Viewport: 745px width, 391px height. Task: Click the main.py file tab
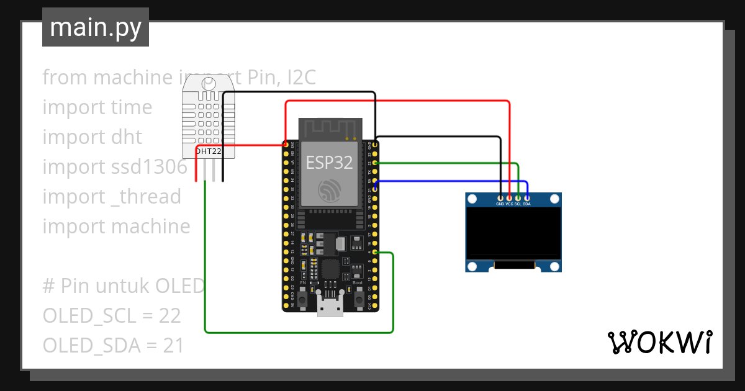coord(96,27)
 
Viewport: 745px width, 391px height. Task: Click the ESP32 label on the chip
coord(329,163)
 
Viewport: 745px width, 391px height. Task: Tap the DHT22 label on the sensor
coord(209,151)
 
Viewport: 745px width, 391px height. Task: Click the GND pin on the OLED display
coord(500,197)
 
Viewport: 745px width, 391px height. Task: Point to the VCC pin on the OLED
coord(509,197)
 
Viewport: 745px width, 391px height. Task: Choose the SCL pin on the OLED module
coord(518,197)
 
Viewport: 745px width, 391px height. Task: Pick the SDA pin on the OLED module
coord(526,197)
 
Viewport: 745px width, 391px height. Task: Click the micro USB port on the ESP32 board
coord(330,307)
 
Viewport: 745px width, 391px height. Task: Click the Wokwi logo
coord(659,342)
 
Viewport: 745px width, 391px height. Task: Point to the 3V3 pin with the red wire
coord(285,145)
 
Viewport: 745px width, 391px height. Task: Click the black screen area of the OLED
coord(514,233)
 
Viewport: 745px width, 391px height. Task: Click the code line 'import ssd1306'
coord(114,167)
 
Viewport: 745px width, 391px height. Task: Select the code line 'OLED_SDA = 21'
coord(113,346)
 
